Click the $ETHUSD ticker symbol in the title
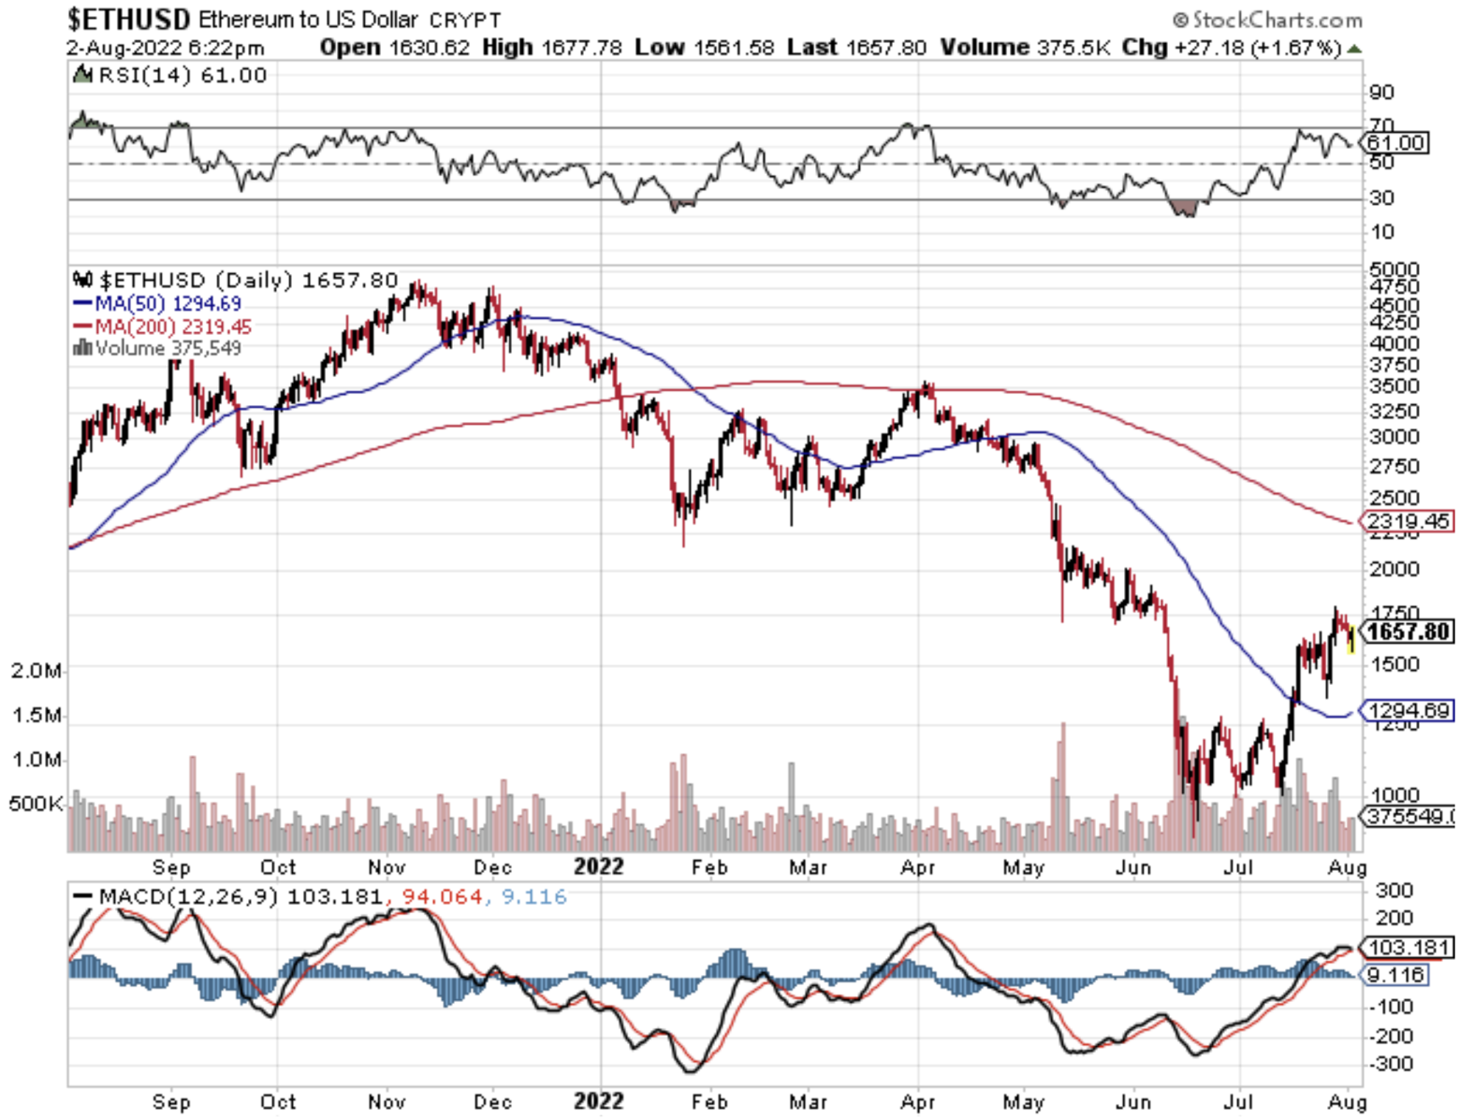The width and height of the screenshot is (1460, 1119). pyautogui.click(x=128, y=19)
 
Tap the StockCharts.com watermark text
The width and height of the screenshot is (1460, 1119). pyautogui.click(x=1268, y=20)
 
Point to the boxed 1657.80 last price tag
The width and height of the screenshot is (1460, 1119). pyautogui.click(x=1408, y=632)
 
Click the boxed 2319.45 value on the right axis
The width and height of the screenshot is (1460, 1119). pyautogui.click(x=1408, y=521)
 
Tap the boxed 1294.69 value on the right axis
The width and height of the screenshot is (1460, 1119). pyautogui.click(x=1408, y=711)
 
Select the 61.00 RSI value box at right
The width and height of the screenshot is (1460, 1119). pyautogui.click(x=1395, y=143)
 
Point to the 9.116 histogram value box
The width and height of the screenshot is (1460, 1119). pyautogui.click(x=1395, y=975)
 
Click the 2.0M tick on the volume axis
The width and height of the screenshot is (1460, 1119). pyautogui.click(x=36, y=671)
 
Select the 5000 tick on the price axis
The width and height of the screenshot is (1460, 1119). pyautogui.click(x=1394, y=270)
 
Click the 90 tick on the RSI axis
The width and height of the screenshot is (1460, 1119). pyautogui.click(x=1381, y=92)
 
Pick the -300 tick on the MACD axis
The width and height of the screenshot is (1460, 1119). pyautogui.click(x=1392, y=1064)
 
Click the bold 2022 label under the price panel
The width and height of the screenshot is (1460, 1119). pyautogui.click(x=598, y=866)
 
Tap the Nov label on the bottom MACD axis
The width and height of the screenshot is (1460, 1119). pyautogui.click(x=387, y=1101)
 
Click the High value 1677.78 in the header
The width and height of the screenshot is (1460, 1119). pyautogui.click(x=581, y=47)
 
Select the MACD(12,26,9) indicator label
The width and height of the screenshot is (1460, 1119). pyautogui.click(x=188, y=896)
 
